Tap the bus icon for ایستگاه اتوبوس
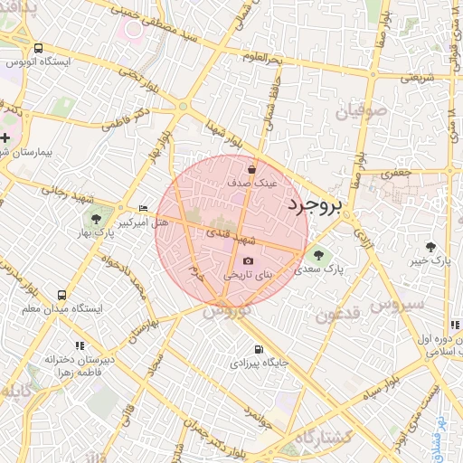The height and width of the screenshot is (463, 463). tap(38, 48)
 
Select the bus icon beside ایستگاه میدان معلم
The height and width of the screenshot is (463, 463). tap(61, 295)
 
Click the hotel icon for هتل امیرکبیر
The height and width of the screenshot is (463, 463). tap(142, 208)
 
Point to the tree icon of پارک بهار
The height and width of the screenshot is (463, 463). tap(96, 219)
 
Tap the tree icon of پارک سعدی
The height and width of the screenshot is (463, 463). tap(317, 254)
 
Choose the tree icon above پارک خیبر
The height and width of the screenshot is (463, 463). tap(430, 246)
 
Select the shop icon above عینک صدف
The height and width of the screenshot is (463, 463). tap(251, 168)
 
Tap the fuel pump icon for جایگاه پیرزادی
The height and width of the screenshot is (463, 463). tap(260, 349)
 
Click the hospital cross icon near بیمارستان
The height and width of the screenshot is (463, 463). tap(6, 138)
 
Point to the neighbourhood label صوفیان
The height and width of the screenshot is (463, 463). tap(363, 112)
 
